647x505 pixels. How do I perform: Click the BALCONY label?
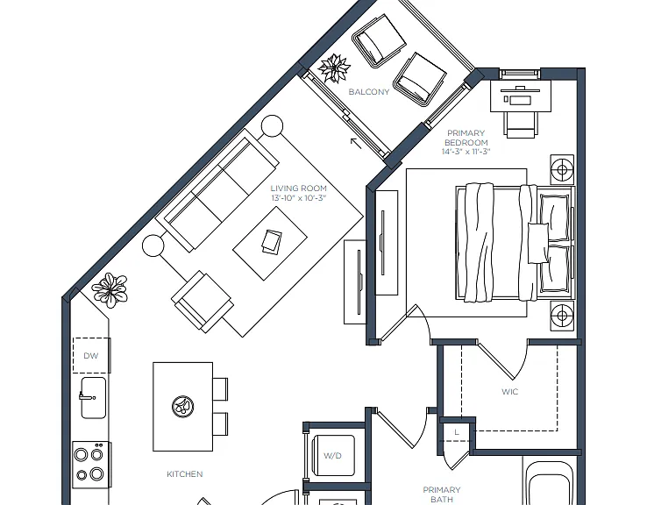point(369,91)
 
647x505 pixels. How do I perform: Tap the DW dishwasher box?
point(91,355)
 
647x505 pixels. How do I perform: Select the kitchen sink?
point(93,398)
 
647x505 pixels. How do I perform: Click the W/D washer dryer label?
point(332,456)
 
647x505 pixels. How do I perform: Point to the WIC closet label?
point(509,392)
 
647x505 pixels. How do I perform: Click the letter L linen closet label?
point(457,432)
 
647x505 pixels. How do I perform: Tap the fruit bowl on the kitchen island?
point(183,407)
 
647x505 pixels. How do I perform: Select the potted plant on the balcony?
point(334,68)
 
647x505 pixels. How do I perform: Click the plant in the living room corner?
point(110,289)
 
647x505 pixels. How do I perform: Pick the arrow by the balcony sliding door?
point(356,143)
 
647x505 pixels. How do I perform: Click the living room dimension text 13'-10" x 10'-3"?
point(298,198)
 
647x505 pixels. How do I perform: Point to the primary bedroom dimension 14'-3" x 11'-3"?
point(466,152)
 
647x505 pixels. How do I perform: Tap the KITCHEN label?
point(185,474)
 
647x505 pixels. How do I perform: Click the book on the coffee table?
point(272,241)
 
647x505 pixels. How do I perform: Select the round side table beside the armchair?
point(153,245)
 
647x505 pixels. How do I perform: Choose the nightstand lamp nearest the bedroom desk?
point(562,169)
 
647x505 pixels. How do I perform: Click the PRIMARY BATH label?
point(442,494)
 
